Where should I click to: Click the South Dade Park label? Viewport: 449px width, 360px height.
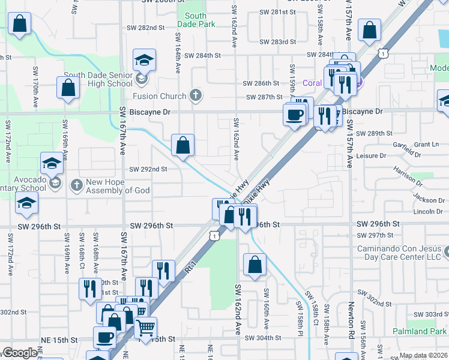pyautogui.click(x=196, y=20)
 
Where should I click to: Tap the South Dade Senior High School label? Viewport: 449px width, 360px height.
pyautogui.click(x=98, y=79)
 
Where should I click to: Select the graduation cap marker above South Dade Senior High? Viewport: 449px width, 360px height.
pyautogui.click(x=144, y=61)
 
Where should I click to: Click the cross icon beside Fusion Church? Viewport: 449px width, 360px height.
pyautogui.click(x=194, y=95)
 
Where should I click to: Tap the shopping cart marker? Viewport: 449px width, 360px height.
pyautogui.click(x=145, y=329)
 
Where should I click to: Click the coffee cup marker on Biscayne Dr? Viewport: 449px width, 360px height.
pyautogui.click(x=294, y=114)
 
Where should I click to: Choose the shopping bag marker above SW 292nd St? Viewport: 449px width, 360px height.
pyautogui.click(x=182, y=145)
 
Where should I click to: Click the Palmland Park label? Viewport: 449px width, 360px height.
pyautogui.click(x=420, y=331)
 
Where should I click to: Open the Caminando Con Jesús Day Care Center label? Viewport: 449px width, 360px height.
pyautogui.click(x=399, y=253)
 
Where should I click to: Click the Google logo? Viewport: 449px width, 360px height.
pyautogui.click(x=20, y=353)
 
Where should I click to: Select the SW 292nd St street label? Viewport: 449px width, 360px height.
pyautogui.click(x=148, y=169)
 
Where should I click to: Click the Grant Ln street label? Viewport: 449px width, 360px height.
pyautogui.click(x=427, y=145)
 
